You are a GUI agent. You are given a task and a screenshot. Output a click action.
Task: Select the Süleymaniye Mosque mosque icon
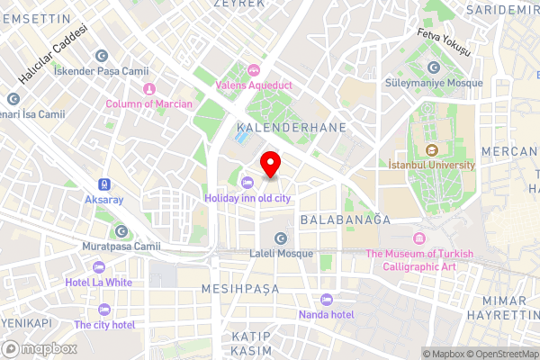coord(435,67)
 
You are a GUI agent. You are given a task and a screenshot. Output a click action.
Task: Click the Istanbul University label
coord(431,166)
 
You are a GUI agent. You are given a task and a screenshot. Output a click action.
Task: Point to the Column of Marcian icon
coord(148,89)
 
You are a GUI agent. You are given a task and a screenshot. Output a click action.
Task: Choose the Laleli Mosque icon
coord(281,238)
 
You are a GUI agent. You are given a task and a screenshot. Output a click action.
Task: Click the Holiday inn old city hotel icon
coord(247,184)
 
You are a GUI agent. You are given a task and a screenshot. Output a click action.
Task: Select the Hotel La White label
coord(99,282)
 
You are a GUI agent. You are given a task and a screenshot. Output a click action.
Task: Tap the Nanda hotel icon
coord(327,300)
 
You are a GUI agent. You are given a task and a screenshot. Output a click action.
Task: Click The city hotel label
coord(104,324)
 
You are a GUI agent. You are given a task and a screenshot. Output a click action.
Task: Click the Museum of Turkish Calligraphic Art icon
coord(418,238)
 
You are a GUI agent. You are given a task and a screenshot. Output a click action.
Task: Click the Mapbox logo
coord(39,348)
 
